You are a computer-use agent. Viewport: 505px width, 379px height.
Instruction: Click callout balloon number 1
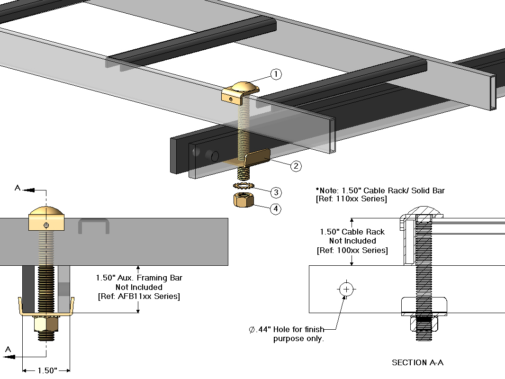coord(276,74)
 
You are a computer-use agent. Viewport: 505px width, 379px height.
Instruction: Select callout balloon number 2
coord(296,166)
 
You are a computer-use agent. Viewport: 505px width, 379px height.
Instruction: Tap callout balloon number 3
coord(276,192)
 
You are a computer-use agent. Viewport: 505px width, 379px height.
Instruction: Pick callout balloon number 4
coord(276,209)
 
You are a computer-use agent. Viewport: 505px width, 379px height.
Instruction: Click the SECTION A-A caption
coord(417,363)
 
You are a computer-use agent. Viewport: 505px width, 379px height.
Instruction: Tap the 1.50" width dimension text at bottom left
coord(46,370)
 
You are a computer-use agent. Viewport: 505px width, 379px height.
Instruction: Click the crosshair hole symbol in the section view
coord(347,289)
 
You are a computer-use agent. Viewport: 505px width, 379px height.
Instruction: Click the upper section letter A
coord(17,188)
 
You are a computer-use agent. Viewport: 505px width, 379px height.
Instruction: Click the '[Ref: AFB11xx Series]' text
coord(139,297)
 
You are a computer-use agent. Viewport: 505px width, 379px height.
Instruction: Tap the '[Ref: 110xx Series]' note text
coord(351,199)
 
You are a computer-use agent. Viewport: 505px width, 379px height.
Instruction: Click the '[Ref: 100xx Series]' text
coord(352,250)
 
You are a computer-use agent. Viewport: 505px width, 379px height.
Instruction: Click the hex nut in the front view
coord(46,325)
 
